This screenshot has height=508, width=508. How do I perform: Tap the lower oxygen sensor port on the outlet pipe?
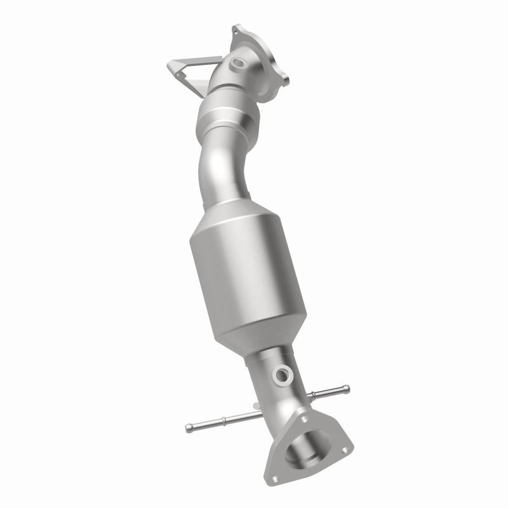tap(281, 375)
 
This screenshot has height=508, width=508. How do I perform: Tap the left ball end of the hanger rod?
tap(189, 428)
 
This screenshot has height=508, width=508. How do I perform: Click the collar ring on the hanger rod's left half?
tap(222, 420)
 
